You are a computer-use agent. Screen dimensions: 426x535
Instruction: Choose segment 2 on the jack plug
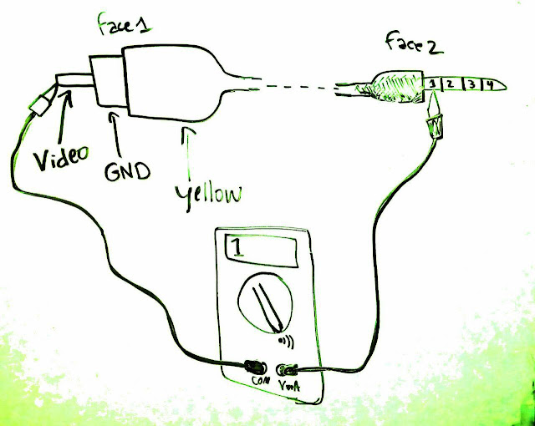[449, 84]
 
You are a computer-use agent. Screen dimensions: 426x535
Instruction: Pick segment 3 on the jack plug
[471, 84]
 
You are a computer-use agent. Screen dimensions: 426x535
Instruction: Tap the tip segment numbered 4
[492, 84]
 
